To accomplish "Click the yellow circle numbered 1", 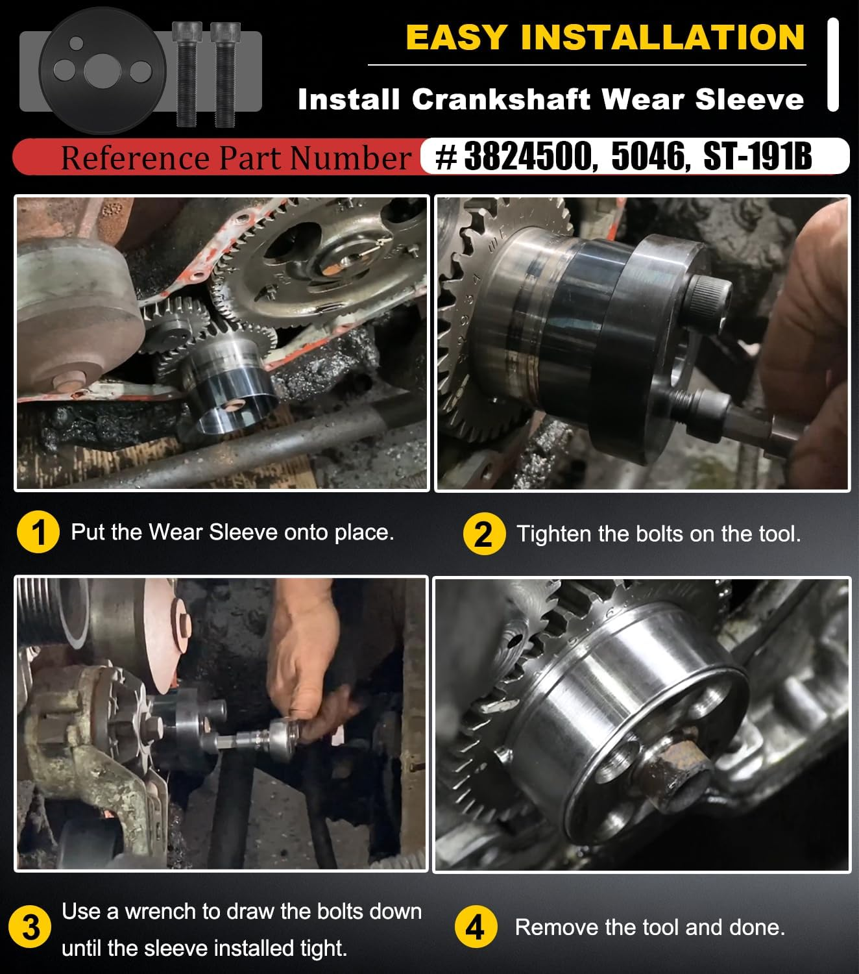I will [38, 532].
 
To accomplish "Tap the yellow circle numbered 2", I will [484, 534].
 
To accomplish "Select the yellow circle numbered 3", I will [30, 927].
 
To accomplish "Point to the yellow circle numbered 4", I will [476, 927].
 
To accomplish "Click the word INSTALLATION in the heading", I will [662, 37].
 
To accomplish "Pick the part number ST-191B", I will [757, 156].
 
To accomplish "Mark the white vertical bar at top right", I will [833, 65].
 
